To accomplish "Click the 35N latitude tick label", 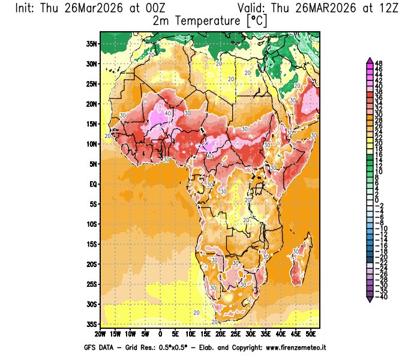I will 91,43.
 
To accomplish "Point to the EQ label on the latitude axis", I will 92,184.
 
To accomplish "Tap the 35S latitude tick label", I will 91,324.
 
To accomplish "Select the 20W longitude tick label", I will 100,333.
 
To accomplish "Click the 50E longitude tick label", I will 311,333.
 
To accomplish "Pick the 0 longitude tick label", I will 160,333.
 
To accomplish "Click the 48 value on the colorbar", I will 379,63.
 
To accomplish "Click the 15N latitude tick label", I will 91,124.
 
